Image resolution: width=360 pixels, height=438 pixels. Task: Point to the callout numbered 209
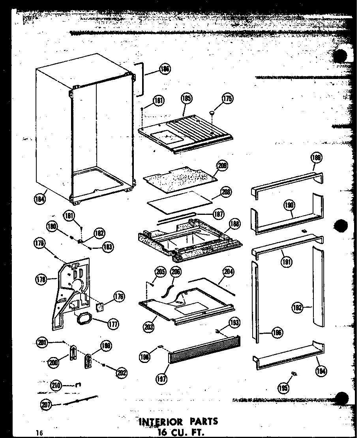[x=223, y=165]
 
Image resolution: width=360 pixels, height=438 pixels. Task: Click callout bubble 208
[x=226, y=192]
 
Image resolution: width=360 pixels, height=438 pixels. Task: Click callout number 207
[x=46, y=404]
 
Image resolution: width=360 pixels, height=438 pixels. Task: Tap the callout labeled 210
[x=56, y=385]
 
